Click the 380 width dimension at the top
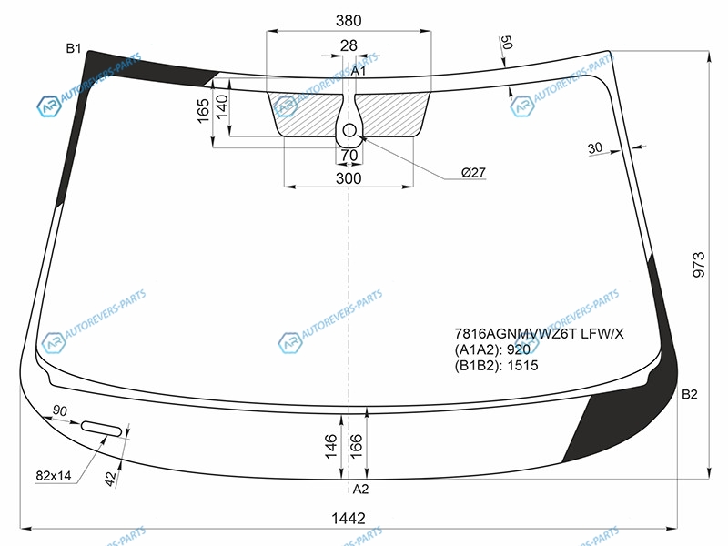click(x=349, y=20)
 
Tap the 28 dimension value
click(x=349, y=45)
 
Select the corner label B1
click(x=74, y=48)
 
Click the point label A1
click(x=358, y=71)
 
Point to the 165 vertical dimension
click(x=203, y=111)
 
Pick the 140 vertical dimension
click(x=222, y=106)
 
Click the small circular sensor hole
click(x=349, y=131)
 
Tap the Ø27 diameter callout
click(x=473, y=173)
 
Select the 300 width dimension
click(x=349, y=178)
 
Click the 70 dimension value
click(x=349, y=155)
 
